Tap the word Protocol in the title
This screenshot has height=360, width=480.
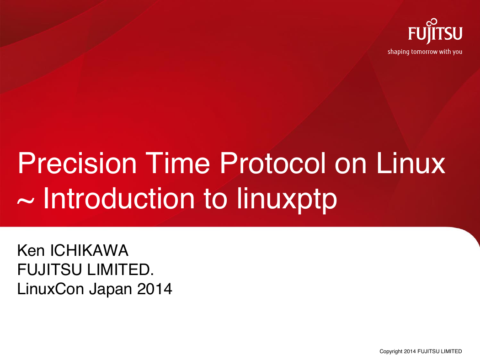pos(273,163)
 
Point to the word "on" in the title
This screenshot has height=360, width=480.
pos(350,167)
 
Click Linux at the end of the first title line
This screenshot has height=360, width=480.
pos(411,163)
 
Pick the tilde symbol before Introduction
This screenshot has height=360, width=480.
pos(25,202)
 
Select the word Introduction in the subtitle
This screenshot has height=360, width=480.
pos(119,198)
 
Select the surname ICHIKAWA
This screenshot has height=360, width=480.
pos(89,250)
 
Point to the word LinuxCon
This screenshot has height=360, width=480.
pos(50,289)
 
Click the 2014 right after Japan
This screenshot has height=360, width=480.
pos(155,289)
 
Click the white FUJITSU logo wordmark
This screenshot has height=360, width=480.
pos(435,34)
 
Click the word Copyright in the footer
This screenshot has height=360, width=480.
pos(390,351)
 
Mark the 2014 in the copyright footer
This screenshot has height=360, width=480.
pos(410,351)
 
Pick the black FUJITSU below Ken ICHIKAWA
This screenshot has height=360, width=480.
pos(49,270)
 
